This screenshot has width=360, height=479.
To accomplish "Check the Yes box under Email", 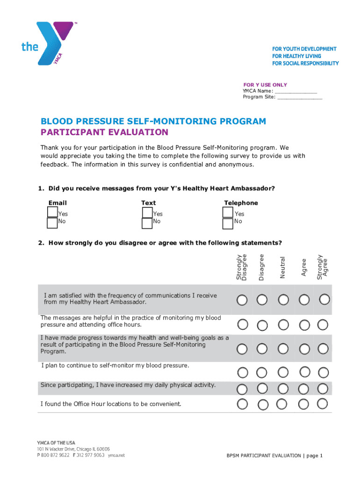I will pos(52,212).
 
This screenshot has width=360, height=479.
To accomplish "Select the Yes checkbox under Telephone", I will pos(228,212).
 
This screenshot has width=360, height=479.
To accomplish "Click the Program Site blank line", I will pos(299,97).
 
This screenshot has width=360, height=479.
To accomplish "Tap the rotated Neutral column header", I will pos(282,268).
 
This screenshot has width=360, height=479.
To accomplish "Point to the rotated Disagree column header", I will pos(262,268).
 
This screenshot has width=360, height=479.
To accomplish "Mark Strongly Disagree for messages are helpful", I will pos(242,324).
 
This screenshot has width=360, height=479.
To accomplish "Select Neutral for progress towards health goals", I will pos(282,348).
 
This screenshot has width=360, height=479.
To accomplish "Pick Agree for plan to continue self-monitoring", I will pos(304,372).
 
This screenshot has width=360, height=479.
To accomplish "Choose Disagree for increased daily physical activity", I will pos(262,389).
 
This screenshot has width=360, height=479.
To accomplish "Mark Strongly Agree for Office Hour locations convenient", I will pos(323,404).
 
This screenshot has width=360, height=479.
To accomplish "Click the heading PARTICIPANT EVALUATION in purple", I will pos(104,132).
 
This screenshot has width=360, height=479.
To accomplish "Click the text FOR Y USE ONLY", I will pos(265,85).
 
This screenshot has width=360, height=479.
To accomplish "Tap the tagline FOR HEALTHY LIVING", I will pos(296,56).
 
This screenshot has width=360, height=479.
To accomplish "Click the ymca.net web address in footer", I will pos(116,455).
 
